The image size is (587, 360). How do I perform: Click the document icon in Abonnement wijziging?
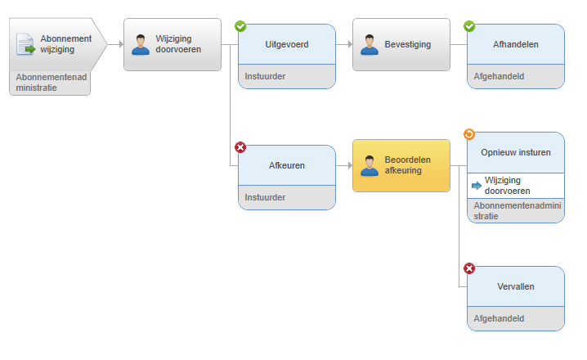[25, 44]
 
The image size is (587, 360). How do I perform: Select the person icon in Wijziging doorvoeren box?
[141, 45]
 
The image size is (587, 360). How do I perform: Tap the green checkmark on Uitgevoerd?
[240, 26]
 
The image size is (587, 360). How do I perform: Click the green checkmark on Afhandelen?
[469, 26]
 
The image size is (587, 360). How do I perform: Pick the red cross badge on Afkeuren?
[240, 147]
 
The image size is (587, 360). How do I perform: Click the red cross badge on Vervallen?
[469, 268]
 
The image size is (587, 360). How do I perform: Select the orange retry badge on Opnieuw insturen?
[469, 133]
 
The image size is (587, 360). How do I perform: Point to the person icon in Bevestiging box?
[370, 45]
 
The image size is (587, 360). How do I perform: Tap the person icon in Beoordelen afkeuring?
[370, 166]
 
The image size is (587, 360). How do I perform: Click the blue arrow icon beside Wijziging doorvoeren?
[477, 186]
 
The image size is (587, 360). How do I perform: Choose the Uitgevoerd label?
[287, 44]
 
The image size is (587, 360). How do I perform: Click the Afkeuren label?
[287, 165]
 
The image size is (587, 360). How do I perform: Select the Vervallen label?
[516, 286]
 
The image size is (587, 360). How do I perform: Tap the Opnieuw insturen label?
[516, 152]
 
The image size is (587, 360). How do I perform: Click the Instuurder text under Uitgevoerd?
[265, 76]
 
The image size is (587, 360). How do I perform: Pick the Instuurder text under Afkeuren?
[265, 197]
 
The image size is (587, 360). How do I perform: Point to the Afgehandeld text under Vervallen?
[499, 318]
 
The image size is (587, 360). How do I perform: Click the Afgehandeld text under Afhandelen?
[499, 76]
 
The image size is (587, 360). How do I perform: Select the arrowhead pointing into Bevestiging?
[350, 44]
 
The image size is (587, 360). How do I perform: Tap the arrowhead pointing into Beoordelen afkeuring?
[350, 165]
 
